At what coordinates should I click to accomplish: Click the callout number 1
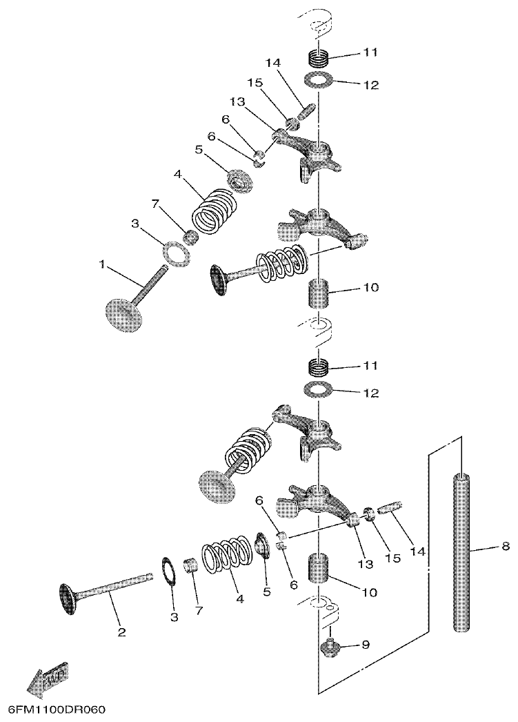[x=102, y=264]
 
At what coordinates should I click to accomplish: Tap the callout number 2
[x=122, y=632]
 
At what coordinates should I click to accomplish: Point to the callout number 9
[x=365, y=645]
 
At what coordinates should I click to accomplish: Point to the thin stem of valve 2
[x=117, y=587]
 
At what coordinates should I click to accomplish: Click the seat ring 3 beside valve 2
[x=168, y=570]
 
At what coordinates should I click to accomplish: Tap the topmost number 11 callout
[x=370, y=52]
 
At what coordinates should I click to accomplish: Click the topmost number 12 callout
[x=370, y=85]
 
